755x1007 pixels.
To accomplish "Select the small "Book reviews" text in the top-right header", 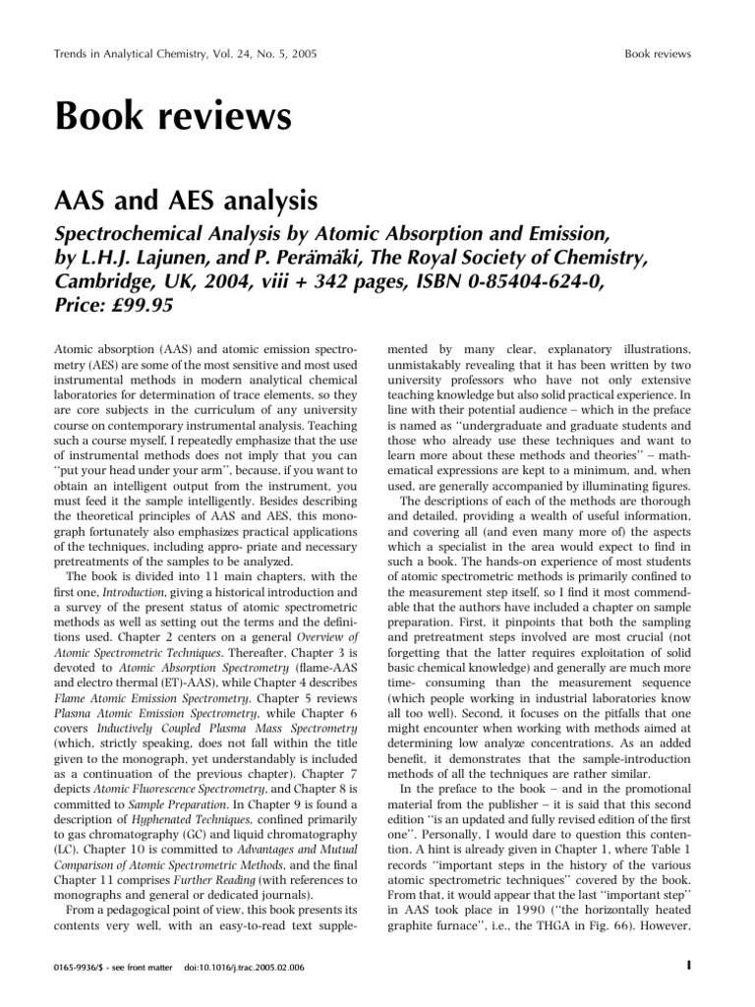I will coord(658,53).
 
